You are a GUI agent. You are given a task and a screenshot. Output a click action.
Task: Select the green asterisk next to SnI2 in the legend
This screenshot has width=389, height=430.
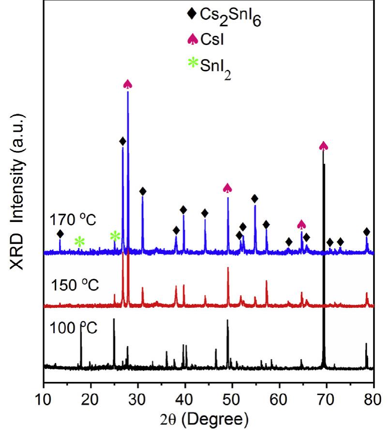[x=193, y=62]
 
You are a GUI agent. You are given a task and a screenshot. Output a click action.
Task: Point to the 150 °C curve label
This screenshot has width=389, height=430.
[x=75, y=285]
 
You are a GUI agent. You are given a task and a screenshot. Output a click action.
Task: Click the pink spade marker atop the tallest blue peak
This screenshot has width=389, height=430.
[x=128, y=84]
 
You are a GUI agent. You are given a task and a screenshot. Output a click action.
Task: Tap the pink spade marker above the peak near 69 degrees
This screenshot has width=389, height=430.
[x=324, y=146]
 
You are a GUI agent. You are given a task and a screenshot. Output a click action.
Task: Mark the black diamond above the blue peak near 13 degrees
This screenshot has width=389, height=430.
[x=60, y=234]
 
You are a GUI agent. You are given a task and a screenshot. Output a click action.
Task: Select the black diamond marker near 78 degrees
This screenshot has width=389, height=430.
[x=367, y=231]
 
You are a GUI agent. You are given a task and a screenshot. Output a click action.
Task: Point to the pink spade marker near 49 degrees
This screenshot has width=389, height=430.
[x=227, y=188]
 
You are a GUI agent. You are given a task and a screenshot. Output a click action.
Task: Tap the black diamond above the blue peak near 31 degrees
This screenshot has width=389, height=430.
[x=142, y=191]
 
